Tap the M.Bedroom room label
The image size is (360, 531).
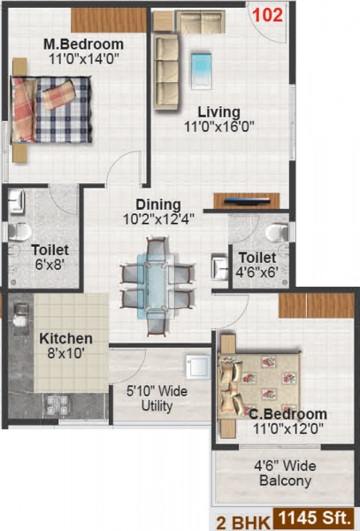pyautogui.click(x=84, y=44)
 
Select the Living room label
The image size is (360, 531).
pyautogui.click(x=218, y=112)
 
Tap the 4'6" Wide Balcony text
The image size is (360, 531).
pyautogui.click(x=285, y=473)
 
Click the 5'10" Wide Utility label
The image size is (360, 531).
pyautogui.click(x=149, y=398)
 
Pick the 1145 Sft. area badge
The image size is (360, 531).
pyautogui.click(x=317, y=517)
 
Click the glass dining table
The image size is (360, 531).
pyautogui.click(x=154, y=281)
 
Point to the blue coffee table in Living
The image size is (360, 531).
pyautogui.click(x=202, y=63)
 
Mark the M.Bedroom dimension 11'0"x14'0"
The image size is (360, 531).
pyautogui.click(x=84, y=60)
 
